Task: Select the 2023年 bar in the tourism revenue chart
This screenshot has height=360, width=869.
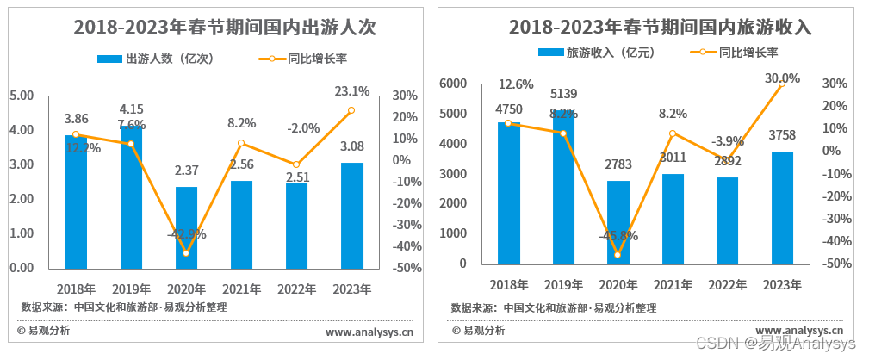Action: [x=782, y=208]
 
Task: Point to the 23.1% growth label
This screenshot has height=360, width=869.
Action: [x=351, y=90]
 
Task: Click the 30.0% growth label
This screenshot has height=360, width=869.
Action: [x=782, y=78]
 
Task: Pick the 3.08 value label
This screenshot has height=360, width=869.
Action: [x=352, y=147]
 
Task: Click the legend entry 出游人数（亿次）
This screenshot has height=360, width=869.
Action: [x=156, y=59]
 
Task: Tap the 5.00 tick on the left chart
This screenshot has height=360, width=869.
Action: [x=22, y=95]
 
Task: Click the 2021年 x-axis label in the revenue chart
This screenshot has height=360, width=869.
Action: [x=673, y=283]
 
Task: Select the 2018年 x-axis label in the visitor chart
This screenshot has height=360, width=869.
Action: [x=76, y=289]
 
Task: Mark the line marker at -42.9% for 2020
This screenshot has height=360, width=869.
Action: [x=186, y=252]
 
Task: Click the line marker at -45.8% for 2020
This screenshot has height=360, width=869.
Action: [x=618, y=255]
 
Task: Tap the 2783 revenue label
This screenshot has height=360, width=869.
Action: [x=618, y=164]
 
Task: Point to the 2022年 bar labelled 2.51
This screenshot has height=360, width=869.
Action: [x=296, y=226]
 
